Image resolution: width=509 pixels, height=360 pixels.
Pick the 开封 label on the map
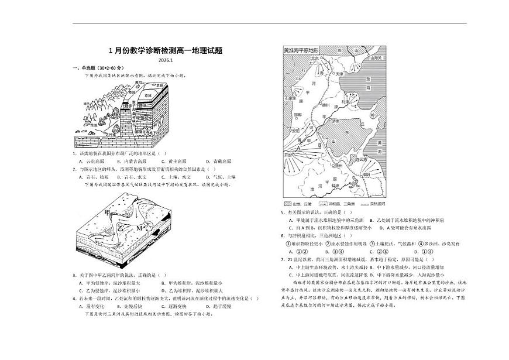(287, 155)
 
